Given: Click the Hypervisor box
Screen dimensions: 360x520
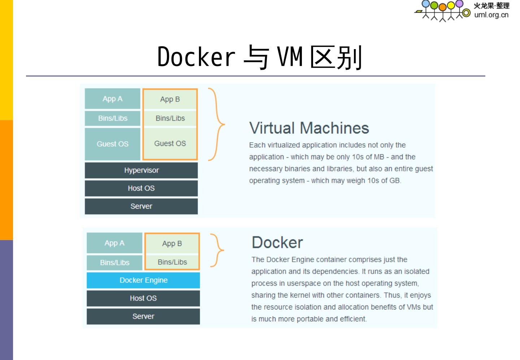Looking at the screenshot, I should pyautogui.click(x=141, y=170).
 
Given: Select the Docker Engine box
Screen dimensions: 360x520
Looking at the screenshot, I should pyautogui.click(x=143, y=280).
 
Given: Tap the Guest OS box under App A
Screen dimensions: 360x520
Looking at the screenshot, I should pyautogui.click(x=112, y=144).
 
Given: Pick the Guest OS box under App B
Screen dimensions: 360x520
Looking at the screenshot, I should pyautogui.click(x=170, y=143).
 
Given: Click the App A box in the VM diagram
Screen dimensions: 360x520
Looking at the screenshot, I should pyautogui.click(x=112, y=99).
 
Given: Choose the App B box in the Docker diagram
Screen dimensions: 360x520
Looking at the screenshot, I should pyautogui.click(x=172, y=243).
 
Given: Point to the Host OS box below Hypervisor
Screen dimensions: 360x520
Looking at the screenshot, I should pyautogui.click(x=141, y=188).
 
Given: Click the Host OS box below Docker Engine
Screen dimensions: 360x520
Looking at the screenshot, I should pyautogui.click(x=143, y=298).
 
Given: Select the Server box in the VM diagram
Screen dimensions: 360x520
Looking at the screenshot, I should pyautogui.click(x=141, y=206).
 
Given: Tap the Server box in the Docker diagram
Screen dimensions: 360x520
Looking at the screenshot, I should pyautogui.click(x=143, y=316).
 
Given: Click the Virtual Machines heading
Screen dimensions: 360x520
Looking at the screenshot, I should pyautogui.click(x=309, y=128).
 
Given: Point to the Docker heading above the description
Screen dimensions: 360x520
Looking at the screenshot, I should pyautogui.click(x=277, y=242).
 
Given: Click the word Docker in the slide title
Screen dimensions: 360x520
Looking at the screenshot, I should pyautogui.click(x=196, y=57).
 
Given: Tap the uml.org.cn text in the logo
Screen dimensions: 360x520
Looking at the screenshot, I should pyautogui.click(x=491, y=15).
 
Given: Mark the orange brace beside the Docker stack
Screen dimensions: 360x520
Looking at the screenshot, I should pyautogui.click(x=218, y=250).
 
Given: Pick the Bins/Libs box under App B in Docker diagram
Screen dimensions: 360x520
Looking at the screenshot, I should pyautogui.click(x=172, y=262).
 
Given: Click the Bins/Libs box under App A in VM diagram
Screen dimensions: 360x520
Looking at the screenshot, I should pyautogui.click(x=112, y=118).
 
